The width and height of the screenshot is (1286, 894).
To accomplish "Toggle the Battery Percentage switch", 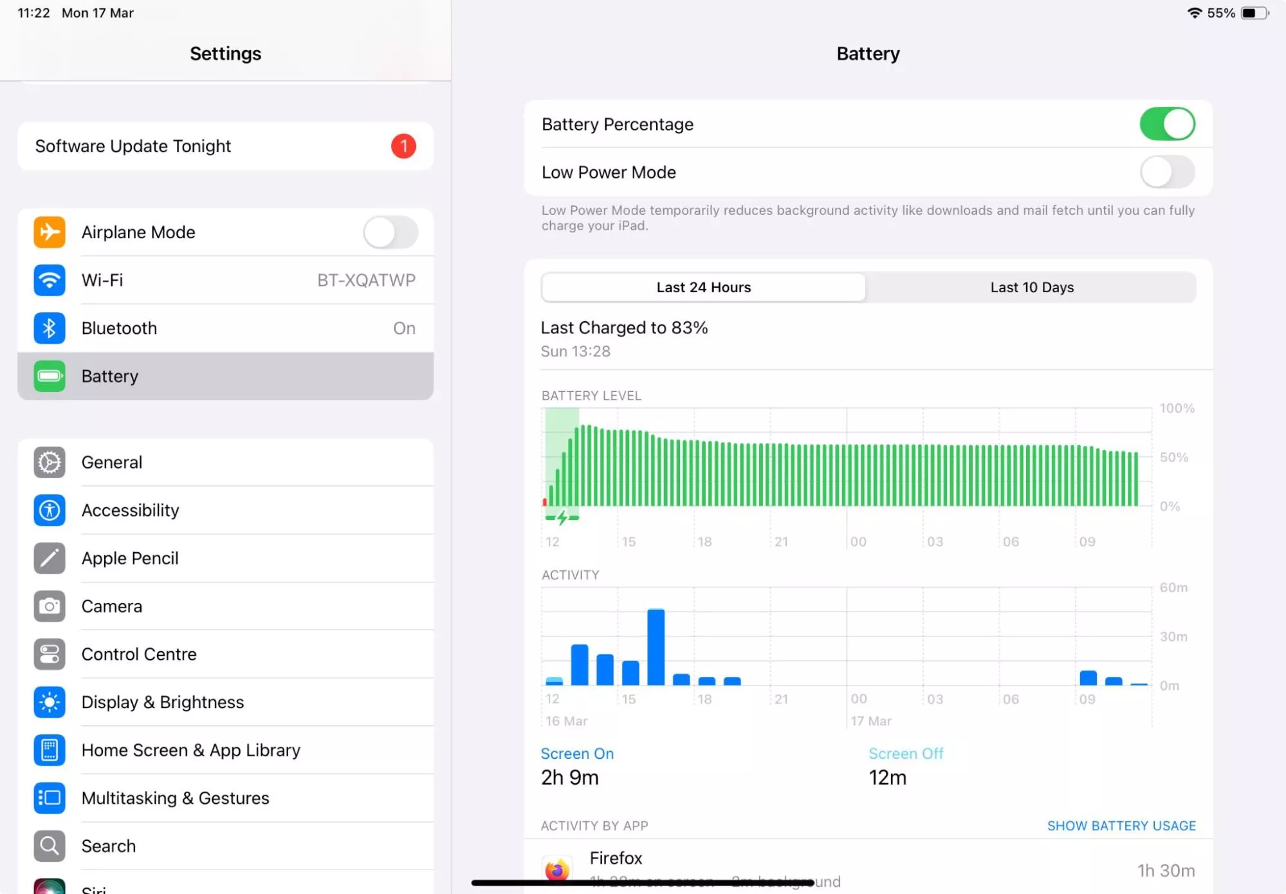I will click(1166, 124).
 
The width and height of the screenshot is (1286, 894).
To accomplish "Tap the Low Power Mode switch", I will click(1166, 172).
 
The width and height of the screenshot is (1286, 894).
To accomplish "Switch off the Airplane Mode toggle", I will click(390, 232).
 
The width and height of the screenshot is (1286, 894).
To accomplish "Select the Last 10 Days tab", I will click(1031, 288).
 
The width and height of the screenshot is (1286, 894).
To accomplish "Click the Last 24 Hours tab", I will click(703, 288).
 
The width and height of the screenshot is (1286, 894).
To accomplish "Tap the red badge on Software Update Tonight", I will click(403, 146).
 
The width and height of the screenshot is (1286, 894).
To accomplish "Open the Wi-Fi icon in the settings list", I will click(50, 281).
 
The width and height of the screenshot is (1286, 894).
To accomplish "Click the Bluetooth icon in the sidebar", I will click(50, 328).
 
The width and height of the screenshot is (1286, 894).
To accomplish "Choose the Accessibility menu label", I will click(130, 510).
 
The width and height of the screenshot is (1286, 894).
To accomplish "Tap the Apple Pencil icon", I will click(50, 559).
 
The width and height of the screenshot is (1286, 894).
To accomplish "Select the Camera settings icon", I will click(50, 606).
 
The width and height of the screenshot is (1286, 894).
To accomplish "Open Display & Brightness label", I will click(162, 702).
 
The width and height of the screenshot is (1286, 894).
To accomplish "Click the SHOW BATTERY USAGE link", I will click(1121, 826).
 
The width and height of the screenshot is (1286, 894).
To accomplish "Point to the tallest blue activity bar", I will click(656, 646).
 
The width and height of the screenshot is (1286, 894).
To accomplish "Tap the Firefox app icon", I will click(557, 870).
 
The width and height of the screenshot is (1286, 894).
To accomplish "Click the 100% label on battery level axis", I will click(1176, 409).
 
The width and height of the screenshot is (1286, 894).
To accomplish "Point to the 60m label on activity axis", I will click(1173, 588).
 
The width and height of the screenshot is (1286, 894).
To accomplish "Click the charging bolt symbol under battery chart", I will click(562, 517).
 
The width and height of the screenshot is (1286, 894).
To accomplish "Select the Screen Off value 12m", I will click(887, 778).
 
